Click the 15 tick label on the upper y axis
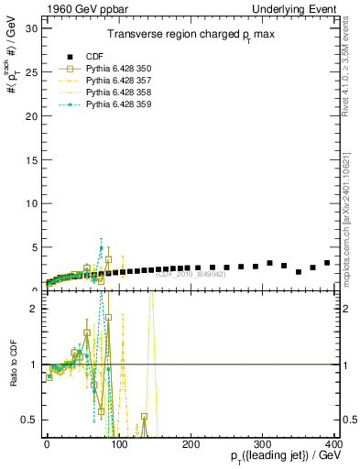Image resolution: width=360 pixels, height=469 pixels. (31, 159)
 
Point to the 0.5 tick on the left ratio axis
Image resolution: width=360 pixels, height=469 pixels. (29, 420)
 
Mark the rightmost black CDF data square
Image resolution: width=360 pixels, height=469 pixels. (327, 263)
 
